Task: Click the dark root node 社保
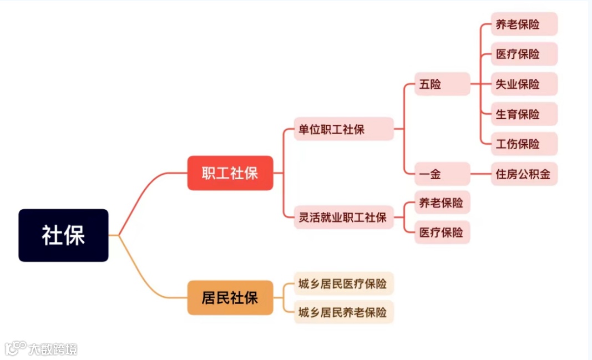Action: coord(63,235)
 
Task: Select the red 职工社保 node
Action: coord(230,173)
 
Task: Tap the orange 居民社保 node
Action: coord(230,298)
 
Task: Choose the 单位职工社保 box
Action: coord(343,129)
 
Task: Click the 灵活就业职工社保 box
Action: coord(343,217)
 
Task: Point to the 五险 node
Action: coord(442,84)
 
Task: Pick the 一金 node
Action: coord(442,174)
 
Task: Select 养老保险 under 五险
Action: coord(524,24)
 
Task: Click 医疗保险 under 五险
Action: coord(524,54)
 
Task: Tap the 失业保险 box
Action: coord(524,84)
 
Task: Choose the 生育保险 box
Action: coord(524,114)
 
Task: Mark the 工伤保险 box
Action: coord(524,144)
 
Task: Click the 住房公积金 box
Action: coord(524,174)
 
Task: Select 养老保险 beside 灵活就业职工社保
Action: coord(442,202)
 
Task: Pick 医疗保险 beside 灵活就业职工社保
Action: coord(442,232)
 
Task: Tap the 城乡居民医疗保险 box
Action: coord(343,283)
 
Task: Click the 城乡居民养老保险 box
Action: coord(343,312)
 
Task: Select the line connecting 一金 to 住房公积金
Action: coord(480,174)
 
